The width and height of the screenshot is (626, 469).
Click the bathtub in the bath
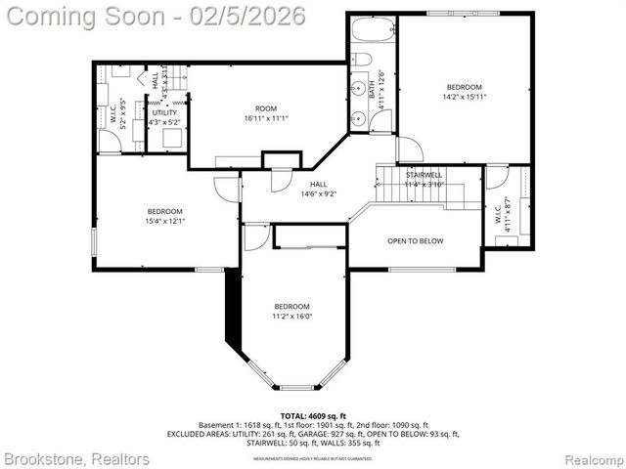(x=372, y=29)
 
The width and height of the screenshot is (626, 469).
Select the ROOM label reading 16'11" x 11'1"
(x=266, y=113)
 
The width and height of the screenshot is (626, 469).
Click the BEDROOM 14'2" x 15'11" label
(x=465, y=92)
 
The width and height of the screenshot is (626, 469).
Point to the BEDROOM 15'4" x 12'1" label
(x=164, y=216)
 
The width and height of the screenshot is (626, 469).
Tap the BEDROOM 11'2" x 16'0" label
(x=291, y=311)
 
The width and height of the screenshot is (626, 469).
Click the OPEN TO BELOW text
(x=415, y=240)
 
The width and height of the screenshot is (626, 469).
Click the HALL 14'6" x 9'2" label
(x=319, y=189)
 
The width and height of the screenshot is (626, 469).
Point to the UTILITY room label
(x=163, y=117)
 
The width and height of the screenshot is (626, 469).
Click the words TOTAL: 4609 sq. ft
(x=313, y=416)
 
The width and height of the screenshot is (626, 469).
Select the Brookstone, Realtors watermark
(x=76, y=458)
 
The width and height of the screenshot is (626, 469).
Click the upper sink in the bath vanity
(x=359, y=89)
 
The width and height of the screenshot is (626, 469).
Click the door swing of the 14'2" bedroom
(x=409, y=149)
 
